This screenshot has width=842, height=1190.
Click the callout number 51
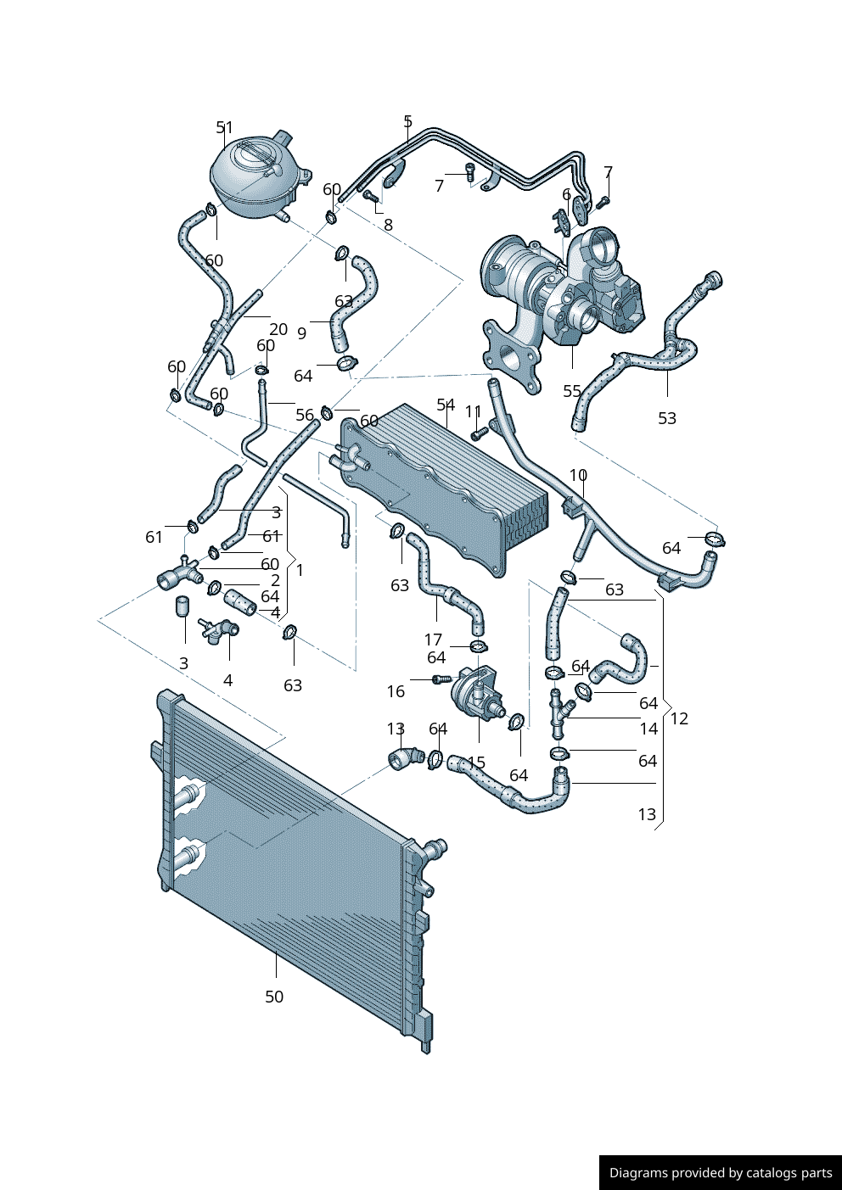tap(224, 127)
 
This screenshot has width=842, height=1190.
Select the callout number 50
tap(274, 997)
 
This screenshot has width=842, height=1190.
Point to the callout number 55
tap(572, 391)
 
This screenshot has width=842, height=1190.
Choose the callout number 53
tap(667, 418)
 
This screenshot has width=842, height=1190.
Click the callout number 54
tap(446, 405)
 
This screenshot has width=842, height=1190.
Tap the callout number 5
tap(407, 121)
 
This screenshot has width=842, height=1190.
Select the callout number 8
tap(389, 225)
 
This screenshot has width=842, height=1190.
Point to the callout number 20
tap(278, 329)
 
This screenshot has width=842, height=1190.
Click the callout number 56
tap(305, 415)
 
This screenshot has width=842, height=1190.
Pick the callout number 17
tap(433, 640)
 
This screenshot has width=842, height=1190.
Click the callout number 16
tap(396, 691)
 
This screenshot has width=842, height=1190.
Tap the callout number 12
tap(679, 718)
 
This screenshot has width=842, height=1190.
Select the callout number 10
tap(578, 475)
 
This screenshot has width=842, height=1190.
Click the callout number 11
tap(474, 411)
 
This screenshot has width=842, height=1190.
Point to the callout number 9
tap(302, 333)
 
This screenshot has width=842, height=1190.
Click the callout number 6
tap(567, 194)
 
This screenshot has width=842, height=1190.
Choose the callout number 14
tap(648, 729)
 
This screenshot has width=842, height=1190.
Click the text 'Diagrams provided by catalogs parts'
tap(721, 1173)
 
